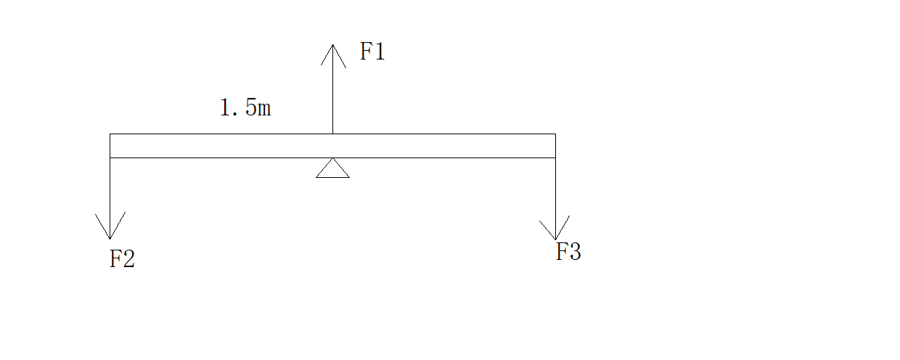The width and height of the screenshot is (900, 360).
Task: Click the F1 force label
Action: click(x=372, y=52)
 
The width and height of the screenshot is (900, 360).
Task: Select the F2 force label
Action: click(x=122, y=259)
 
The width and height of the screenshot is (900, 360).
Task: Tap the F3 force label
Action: click(x=568, y=252)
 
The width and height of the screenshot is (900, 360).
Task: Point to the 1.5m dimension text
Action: click(x=245, y=108)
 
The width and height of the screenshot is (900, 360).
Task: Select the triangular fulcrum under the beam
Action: click(x=332, y=169)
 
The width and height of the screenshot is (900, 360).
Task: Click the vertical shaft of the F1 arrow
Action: click(x=333, y=94)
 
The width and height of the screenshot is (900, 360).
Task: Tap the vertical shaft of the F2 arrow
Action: click(x=110, y=192)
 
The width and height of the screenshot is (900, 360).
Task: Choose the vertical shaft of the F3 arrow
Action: click(x=555, y=192)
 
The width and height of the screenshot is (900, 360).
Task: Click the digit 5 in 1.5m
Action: click(x=249, y=108)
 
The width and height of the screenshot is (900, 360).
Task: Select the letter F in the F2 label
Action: click(x=115, y=259)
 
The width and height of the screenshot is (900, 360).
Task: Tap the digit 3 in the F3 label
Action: click(x=575, y=252)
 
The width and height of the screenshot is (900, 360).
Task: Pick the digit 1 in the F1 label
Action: click(x=379, y=52)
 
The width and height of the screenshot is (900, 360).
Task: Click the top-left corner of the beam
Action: click(x=110, y=134)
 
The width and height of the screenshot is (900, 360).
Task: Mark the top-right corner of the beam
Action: click(x=555, y=134)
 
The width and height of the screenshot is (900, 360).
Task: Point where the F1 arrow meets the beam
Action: click(x=333, y=134)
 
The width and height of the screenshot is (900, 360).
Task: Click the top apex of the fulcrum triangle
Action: click(x=332, y=158)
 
